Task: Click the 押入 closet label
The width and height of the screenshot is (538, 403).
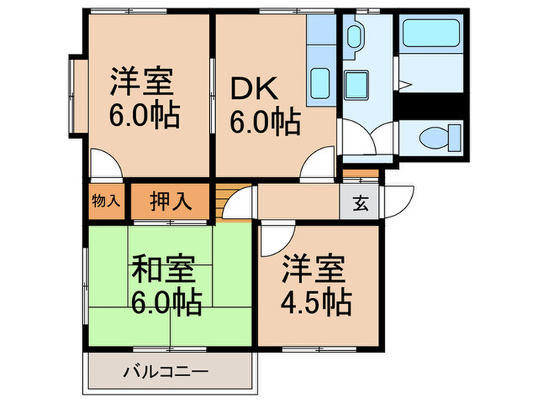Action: pos(169,203)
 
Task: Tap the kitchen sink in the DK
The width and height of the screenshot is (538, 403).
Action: pos(320,81)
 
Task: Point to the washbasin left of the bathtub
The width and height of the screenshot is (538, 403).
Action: pos(356,37)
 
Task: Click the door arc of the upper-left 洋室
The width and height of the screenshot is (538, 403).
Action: pos(105,163)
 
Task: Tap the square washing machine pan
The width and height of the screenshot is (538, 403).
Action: pos(355,82)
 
